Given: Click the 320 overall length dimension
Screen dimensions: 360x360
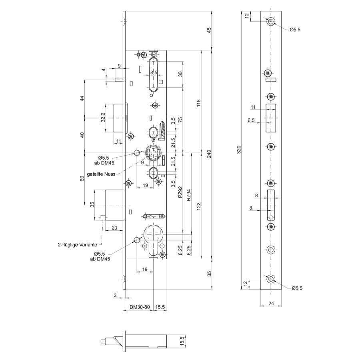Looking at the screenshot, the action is tap(239, 150).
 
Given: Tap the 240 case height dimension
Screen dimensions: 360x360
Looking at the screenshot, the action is tap(209, 154).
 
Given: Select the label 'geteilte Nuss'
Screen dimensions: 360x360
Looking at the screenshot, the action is tap(101, 174).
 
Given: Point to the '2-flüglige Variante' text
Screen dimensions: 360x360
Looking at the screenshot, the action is tap(78, 245).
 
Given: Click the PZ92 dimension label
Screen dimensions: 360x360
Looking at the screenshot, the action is tap(180, 192).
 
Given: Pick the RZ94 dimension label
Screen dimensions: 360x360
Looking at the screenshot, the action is tap(188, 195).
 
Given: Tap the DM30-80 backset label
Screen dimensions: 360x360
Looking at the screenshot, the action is tap(140, 307).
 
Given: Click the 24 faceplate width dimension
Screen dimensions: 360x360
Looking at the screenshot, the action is tap(271, 303).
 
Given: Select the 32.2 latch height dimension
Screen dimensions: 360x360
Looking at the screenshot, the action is tap(103, 117).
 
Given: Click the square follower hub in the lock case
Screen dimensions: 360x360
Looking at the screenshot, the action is tap(153, 153).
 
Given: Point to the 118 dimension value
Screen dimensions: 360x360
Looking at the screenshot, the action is tap(198, 103).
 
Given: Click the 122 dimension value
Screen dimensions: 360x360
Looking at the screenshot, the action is tap(198, 206).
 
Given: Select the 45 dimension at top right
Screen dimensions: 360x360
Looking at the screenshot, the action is tap(209, 30).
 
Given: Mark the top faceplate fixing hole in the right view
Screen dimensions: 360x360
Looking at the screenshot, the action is tap(271, 22).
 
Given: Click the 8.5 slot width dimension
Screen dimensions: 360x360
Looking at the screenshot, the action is tap(154, 72).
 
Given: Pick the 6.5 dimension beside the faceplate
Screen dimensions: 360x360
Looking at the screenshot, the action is tap(251, 120).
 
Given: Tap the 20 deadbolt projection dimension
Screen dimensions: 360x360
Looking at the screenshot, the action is tap(114, 228).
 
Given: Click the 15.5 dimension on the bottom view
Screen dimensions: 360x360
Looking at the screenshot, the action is tap(182, 341).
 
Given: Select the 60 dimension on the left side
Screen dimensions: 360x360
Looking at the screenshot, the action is tap(82, 178).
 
